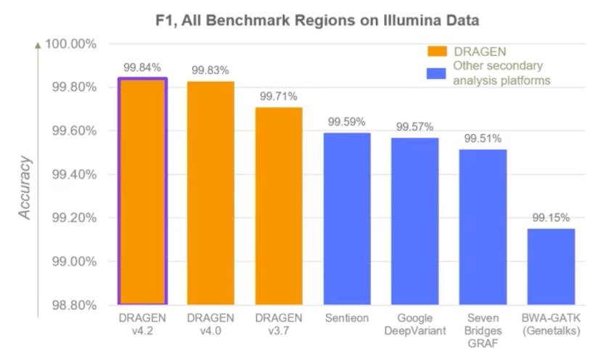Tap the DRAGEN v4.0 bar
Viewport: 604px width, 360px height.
click(x=211, y=192)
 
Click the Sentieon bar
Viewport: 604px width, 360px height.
click(x=347, y=218)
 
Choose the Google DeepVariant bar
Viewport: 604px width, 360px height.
click(x=415, y=221)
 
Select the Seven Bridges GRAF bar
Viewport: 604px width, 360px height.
click(x=483, y=226)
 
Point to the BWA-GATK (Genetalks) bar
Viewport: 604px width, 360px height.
click(x=551, y=266)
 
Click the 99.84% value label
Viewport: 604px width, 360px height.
click(x=141, y=67)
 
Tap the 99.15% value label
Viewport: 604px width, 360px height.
click(x=551, y=218)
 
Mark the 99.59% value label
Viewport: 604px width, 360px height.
click(x=346, y=122)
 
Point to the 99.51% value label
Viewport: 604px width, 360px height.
click(x=483, y=139)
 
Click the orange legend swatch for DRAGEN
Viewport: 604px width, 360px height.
click(x=436, y=52)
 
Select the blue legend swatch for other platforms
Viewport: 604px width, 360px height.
click(x=436, y=73)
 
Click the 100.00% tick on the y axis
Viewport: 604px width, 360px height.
click(x=70, y=44)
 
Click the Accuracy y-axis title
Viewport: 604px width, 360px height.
click(x=25, y=187)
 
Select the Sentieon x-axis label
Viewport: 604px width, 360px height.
click(x=347, y=319)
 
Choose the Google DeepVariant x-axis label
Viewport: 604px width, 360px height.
click(x=415, y=324)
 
